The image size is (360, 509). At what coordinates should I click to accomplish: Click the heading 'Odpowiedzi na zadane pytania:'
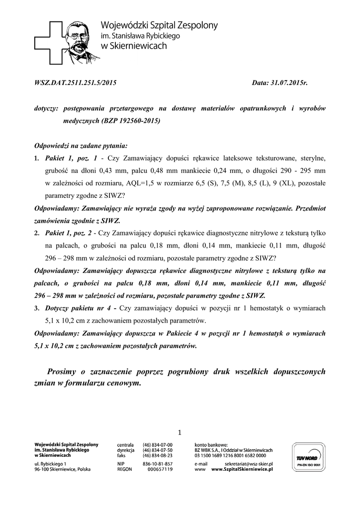[81, 146]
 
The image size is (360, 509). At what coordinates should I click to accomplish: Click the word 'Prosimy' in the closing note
[63, 372]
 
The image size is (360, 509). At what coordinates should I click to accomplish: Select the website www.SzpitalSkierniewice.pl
[243, 469]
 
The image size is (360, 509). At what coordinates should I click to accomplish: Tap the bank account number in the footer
[230, 455]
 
